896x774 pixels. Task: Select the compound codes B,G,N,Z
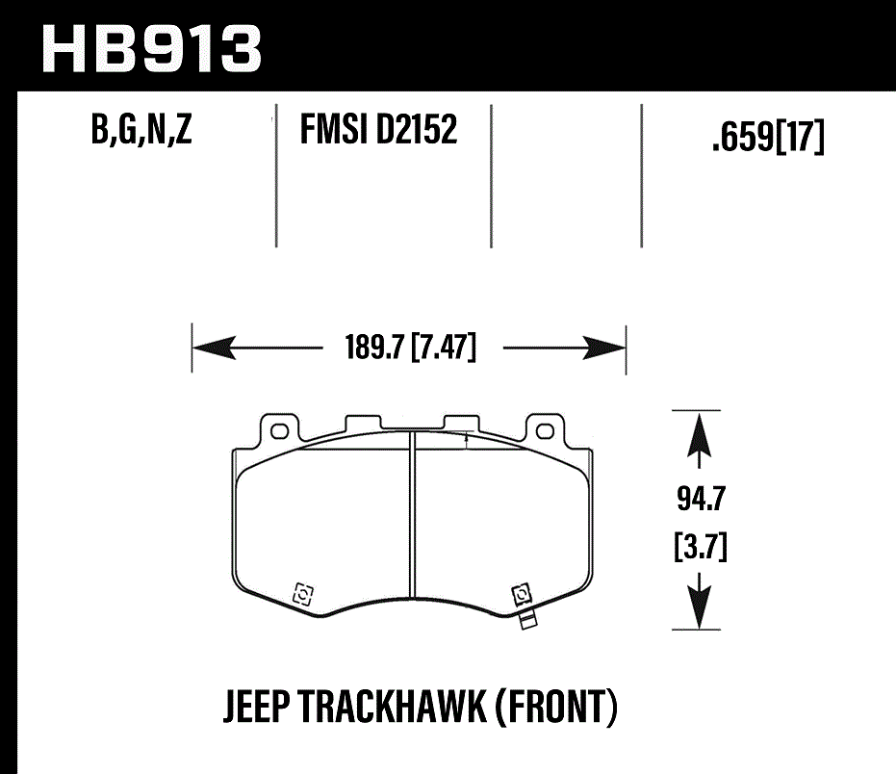click(141, 130)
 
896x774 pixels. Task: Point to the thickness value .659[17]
click(767, 140)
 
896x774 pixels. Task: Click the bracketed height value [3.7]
click(699, 550)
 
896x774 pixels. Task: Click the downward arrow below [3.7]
click(700, 605)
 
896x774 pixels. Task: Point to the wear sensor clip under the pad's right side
click(525, 617)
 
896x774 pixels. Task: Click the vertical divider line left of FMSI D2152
click(277, 173)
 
